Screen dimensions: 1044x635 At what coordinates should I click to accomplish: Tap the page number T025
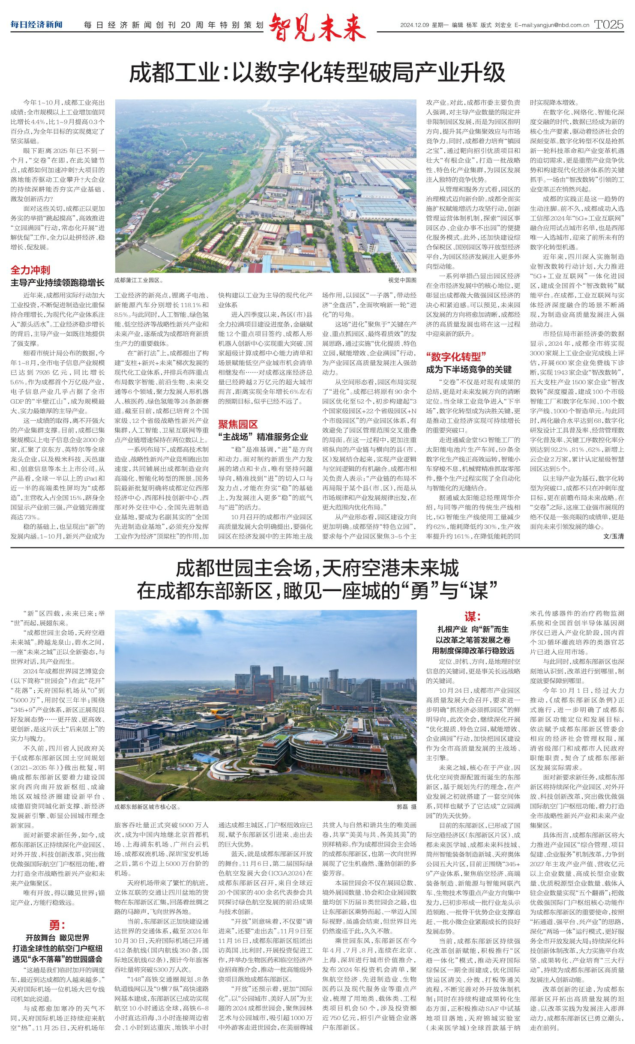tap(609, 25)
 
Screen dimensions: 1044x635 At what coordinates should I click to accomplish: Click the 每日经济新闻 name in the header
tap(36, 25)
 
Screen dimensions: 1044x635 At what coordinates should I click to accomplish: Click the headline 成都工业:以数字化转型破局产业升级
tap(317, 72)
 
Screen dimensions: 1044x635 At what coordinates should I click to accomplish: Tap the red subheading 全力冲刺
tap(30, 270)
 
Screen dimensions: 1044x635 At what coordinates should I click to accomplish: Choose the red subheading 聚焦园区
tap(238, 424)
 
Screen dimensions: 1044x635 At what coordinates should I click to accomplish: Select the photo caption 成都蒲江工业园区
tap(138, 281)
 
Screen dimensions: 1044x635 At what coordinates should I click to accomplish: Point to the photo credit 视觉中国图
tap(402, 281)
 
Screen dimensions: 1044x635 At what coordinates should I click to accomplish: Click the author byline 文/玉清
tap(613, 536)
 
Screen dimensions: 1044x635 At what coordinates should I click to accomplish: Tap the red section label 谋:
tap(473, 616)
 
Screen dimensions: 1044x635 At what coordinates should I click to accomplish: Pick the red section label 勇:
tap(57, 925)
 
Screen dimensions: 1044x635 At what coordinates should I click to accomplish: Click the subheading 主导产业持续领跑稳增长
tap(57, 283)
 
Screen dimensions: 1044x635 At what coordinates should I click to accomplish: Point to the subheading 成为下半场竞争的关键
tap(469, 369)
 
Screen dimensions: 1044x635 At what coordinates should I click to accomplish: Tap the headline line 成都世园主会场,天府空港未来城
tap(317, 568)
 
